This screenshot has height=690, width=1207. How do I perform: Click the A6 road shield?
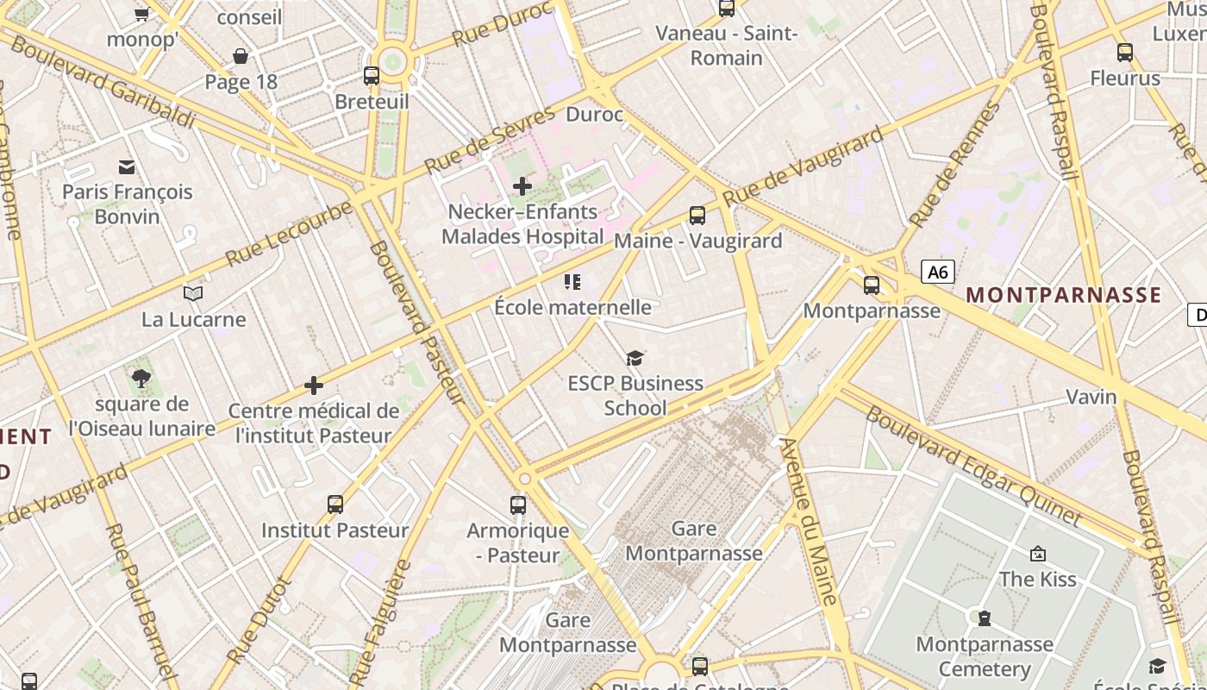pos(938,273)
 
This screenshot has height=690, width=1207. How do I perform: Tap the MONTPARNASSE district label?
pos(1063,295)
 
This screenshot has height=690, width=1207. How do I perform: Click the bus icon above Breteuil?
pos(372,76)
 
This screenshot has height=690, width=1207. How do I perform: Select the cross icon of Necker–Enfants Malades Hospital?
pos(522,185)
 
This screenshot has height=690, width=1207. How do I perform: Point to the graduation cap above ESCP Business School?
pos(635,357)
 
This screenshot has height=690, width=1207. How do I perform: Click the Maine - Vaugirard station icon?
pos(697,216)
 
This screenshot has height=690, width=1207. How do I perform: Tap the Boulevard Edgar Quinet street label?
pos(972,467)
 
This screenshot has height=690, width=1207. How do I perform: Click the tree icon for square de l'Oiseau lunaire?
pos(141,378)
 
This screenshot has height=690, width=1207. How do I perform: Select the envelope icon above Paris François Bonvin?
pos(127,166)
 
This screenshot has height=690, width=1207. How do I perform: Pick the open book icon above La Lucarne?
pos(193,294)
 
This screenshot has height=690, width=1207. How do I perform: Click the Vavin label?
pos(1091,398)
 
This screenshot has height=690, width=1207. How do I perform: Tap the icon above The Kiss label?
pos(1037,554)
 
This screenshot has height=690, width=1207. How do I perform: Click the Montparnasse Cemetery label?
pos(984,656)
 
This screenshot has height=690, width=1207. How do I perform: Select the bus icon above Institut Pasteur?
pos(335,505)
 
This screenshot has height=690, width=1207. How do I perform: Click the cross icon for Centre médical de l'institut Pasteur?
pos(314,386)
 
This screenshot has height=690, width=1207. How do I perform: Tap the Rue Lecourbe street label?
pos(289,234)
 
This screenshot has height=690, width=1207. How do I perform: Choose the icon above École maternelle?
pos(572,281)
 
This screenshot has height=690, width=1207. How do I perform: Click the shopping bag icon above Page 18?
pos(241,56)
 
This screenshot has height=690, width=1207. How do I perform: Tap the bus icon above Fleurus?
pos(1124,53)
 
